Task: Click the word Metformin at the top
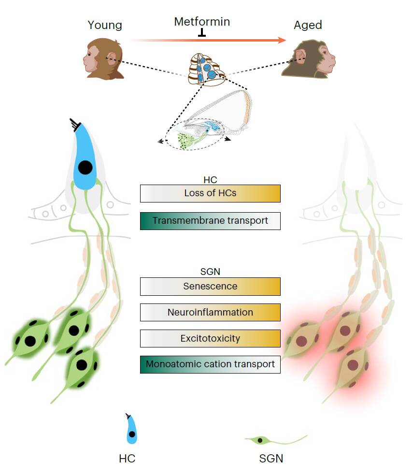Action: click(x=202, y=22)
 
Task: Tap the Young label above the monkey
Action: click(x=105, y=25)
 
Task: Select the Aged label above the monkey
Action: click(x=308, y=25)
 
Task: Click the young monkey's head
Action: click(x=103, y=58)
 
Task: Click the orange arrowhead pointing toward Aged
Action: click(x=282, y=40)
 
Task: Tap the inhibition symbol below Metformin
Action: click(x=202, y=32)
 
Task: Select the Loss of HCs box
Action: click(x=210, y=193)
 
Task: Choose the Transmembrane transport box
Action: click(x=210, y=221)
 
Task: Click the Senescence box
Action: click(x=210, y=286)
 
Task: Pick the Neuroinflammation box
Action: click(x=210, y=312)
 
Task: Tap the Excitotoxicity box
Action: click(x=210, y=338)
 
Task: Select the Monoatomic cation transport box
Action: click(x=210, y=364)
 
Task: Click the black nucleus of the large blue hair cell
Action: click(x=85, y=168)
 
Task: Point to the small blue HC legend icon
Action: click(x=131, y=429)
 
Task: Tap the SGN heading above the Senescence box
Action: click(x=210, y=272)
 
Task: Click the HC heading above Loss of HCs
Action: click(x=210, y=180)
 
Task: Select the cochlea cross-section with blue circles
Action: click(x=207, y=70)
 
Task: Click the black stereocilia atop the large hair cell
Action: click(x=75, y=124)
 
